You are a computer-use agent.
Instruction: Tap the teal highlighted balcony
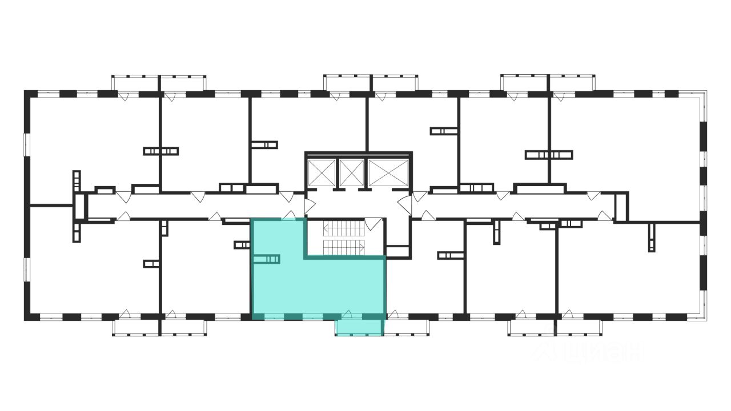point(359,327)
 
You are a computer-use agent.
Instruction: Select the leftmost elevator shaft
point(322,172)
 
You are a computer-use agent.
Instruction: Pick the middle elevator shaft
point(351,172)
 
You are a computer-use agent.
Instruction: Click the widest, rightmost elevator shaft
point(389,172)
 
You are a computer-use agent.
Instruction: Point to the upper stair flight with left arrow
point(344,229)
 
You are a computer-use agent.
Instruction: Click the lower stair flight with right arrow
point(344,247)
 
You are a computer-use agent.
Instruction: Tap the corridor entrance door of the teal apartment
point(290,216)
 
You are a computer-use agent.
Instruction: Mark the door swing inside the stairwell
point(372,224)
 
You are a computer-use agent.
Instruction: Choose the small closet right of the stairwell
point(398,252)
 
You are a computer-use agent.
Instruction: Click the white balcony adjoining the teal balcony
point(405,327)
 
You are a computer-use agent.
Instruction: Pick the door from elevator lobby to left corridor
point(310,206)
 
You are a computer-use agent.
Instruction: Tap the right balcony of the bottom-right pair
point(579,327)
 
